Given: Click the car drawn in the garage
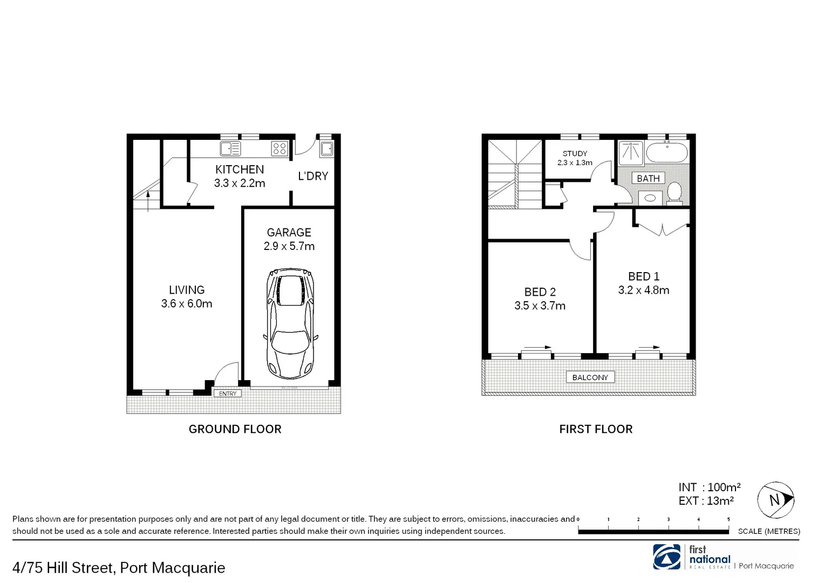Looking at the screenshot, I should coord(290,324).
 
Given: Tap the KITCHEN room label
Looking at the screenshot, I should coord(240,170).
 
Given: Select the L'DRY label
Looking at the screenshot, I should coord(313,176).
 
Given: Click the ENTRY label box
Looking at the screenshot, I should coord(228,394).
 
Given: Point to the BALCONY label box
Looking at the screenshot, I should coord(590,377).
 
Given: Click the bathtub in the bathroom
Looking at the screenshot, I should coord(667,153).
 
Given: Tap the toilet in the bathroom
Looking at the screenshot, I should coord(674,192).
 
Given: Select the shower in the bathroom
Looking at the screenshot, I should coord(631,153).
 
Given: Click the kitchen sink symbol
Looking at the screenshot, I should coord(230,148).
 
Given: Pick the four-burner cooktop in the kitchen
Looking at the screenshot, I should coord(279,148).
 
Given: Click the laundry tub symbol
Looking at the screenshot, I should coord(326,148).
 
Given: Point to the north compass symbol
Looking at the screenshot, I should coord(775,500).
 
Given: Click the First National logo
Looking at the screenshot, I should coord(667,557).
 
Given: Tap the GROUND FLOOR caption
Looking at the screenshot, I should coord(235,429).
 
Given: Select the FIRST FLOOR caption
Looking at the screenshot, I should coord(596,429).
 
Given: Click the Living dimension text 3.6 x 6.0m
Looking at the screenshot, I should coord(187,304).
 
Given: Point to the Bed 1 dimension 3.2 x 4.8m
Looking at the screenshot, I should coord(644,290).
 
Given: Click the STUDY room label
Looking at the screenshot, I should coord(575,153).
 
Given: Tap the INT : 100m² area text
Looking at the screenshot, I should coord(709,487).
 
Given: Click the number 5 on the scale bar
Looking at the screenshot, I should coord(728,520).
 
